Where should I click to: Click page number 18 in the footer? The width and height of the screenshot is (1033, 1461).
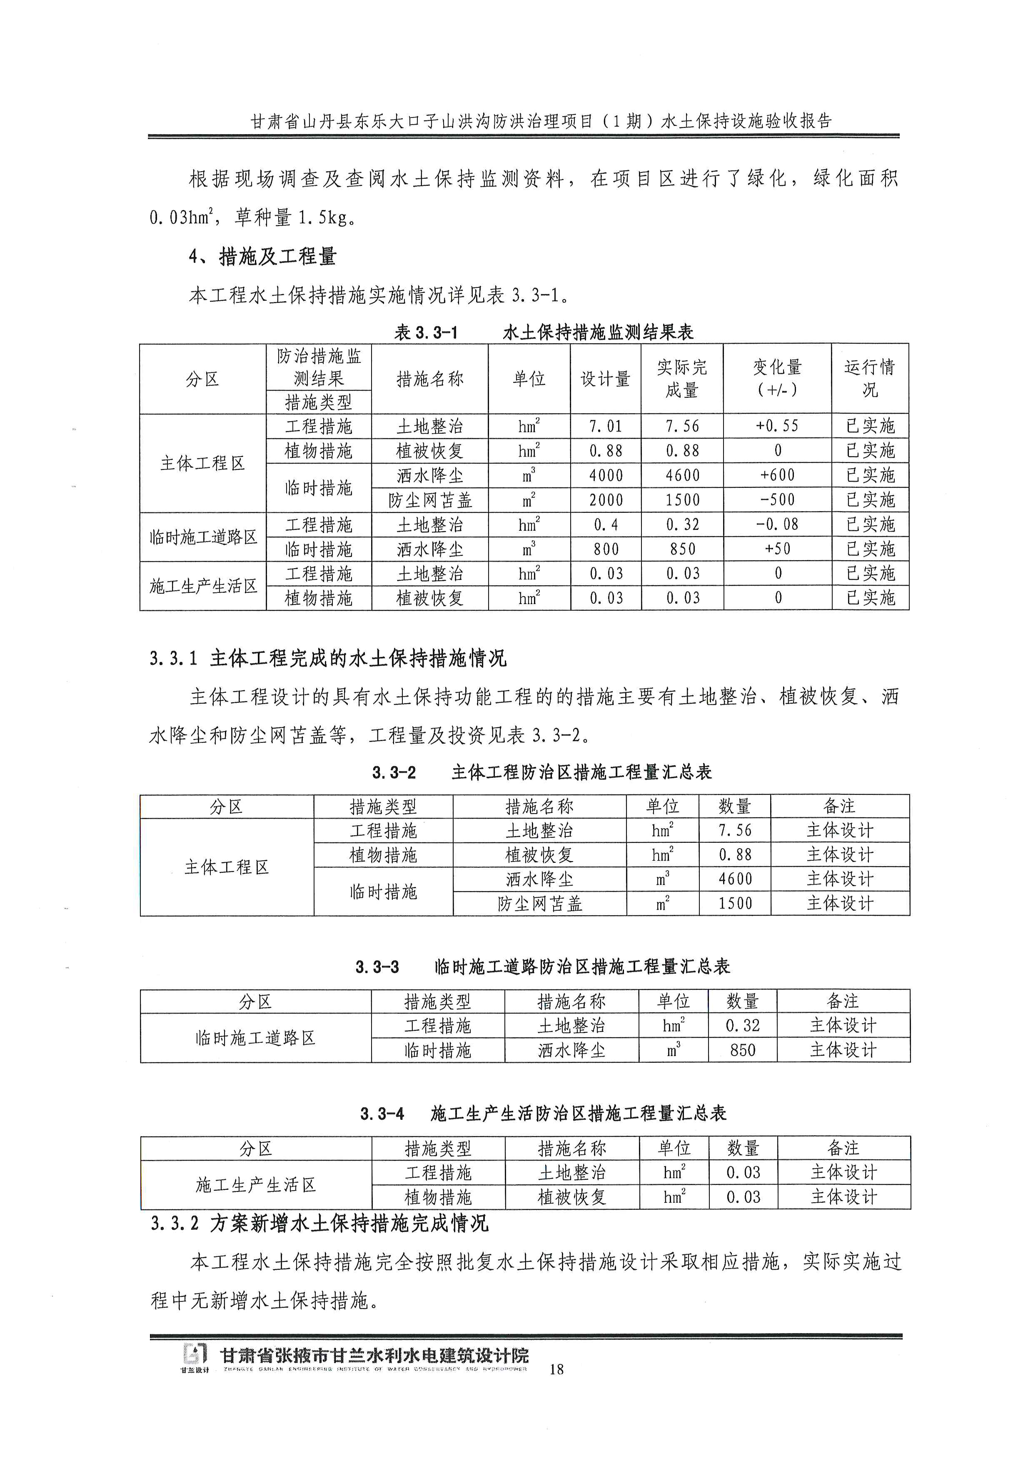[x=556, y=1369]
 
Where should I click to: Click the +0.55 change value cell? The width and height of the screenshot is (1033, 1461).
[x=777, y=426]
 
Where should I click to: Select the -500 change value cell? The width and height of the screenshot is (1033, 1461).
[x=777, y=500]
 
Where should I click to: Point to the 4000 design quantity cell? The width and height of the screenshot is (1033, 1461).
[x=606, y=475]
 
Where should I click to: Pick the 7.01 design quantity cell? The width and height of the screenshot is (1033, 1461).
[x=606, y=426]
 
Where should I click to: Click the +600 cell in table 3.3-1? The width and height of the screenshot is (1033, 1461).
[x=777, y=475]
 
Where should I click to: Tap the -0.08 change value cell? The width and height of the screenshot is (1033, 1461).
[x=777, y=524]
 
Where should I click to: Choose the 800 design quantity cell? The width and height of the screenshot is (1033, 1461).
[x=606, y=549]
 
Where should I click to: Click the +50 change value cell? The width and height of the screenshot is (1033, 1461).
[x=777, y=549]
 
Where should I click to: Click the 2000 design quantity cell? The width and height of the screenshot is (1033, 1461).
[x=606, y=500]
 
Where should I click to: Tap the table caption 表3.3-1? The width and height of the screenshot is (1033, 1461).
[x=426, y=332]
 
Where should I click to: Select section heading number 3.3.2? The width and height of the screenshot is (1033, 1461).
[x=174, y=1223]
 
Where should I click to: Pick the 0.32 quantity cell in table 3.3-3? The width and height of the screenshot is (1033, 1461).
[x=742, y=1025]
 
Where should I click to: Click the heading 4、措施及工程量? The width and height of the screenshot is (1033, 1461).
[x=262, y=257]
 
